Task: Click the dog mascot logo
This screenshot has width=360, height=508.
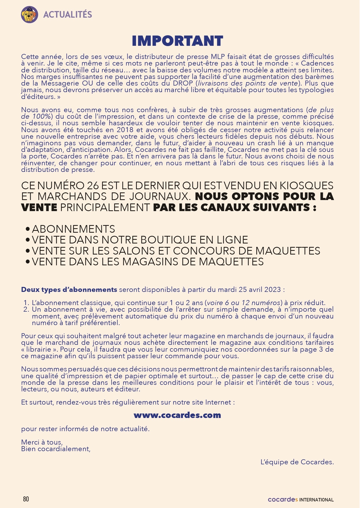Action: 29,14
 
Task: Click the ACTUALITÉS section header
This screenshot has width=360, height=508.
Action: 68,14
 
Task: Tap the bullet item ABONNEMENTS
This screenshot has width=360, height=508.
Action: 73,229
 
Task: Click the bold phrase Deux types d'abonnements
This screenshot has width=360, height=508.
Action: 69,290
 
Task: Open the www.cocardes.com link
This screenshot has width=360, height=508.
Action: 177,415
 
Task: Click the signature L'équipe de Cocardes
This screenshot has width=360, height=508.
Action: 297,462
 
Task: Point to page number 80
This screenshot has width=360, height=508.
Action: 26,499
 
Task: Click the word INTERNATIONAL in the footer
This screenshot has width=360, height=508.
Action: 317,500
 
